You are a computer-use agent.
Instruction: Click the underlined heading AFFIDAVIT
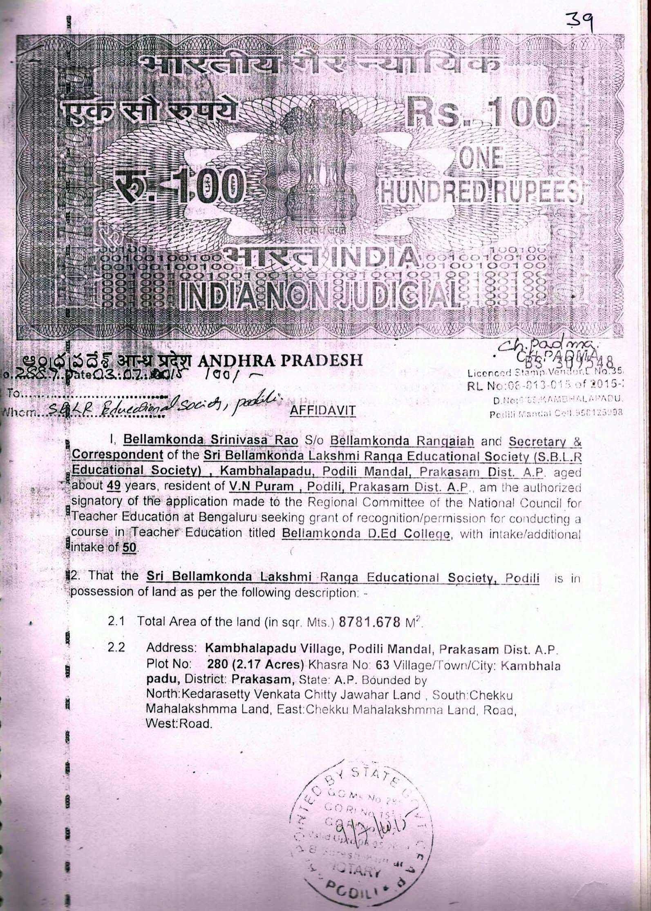322,410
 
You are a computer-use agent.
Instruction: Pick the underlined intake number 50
130,548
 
